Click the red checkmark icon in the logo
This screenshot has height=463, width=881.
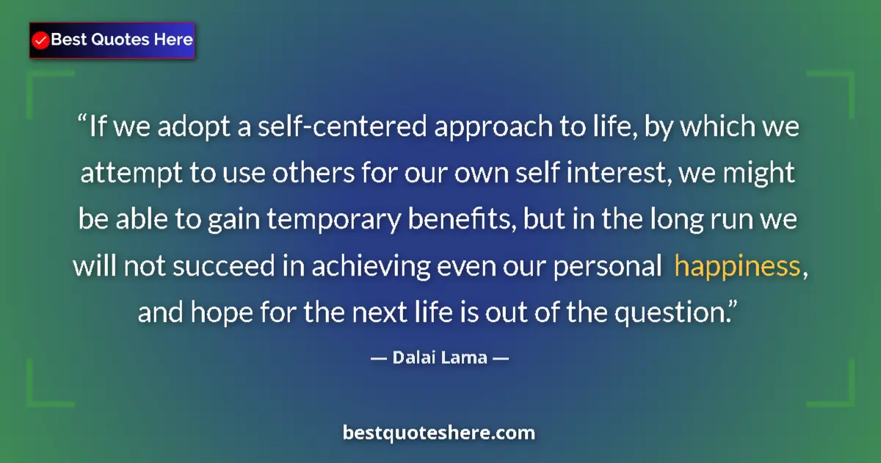pos(41,40)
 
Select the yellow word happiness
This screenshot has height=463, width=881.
pos(736,267)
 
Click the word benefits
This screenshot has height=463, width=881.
pos(471,220)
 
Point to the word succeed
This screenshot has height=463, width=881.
pos(212,267)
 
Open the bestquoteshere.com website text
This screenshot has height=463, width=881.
pos(439,433)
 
